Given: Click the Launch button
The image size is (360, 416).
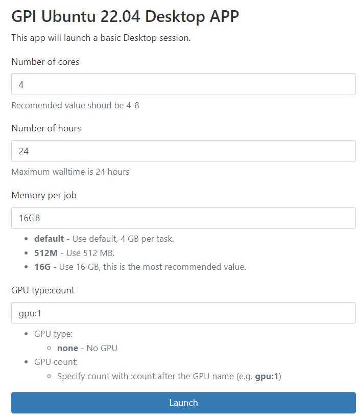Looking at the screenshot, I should [x=183, y=403].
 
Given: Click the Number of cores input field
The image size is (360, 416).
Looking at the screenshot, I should [x=183, y=84].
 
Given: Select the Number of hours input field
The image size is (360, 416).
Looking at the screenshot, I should [x=183, y=151].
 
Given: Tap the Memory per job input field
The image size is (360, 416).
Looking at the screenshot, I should [x=183, y=218].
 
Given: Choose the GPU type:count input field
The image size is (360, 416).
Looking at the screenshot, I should [x=183, y=313].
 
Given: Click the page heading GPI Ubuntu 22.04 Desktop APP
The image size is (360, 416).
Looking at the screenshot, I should [x=125, y=16].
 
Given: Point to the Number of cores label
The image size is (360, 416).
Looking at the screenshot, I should [x=45, y=62].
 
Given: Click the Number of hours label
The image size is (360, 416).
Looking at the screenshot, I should [x=46, y=128].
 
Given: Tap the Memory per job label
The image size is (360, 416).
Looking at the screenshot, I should [x=44, y=195].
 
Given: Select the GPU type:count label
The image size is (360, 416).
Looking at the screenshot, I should [x=43, y=290].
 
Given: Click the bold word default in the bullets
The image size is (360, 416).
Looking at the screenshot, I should [x=49, y=239].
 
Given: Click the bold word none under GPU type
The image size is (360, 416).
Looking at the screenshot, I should [x=67, y=348].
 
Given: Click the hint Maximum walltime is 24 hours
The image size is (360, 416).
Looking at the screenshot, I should [x=70, y=172].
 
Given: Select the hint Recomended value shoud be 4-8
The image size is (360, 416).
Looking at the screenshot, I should [x=75, y=105].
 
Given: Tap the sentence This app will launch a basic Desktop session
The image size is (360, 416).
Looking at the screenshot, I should [x=101, y=38].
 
